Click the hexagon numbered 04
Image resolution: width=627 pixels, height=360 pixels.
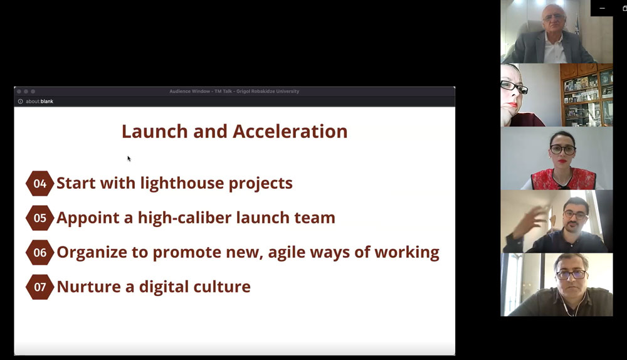[x=40, y=183]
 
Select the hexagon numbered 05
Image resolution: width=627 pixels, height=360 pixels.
[x=40, y=218]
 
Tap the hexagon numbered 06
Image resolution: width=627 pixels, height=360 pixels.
[x=40, y=252]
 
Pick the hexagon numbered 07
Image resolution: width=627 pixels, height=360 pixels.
[x=40, y=287]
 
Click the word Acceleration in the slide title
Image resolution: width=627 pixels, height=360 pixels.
[x=290, y=131]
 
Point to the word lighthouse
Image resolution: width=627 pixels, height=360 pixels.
[x=182, y=183]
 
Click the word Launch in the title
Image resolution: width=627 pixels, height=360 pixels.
[x=155, y=131]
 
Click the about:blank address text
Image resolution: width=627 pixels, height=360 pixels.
[x=39, y=101]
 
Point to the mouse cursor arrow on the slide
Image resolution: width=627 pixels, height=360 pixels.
[x=129, y=159]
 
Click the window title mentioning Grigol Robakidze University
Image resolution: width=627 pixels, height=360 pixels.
[x=234, y=91]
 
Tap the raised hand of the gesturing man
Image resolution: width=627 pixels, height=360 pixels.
[x=527, y=221]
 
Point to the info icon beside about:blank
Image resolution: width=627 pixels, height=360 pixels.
[x=21, y=101]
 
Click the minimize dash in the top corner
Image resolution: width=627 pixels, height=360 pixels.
[x=602, y=8]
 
